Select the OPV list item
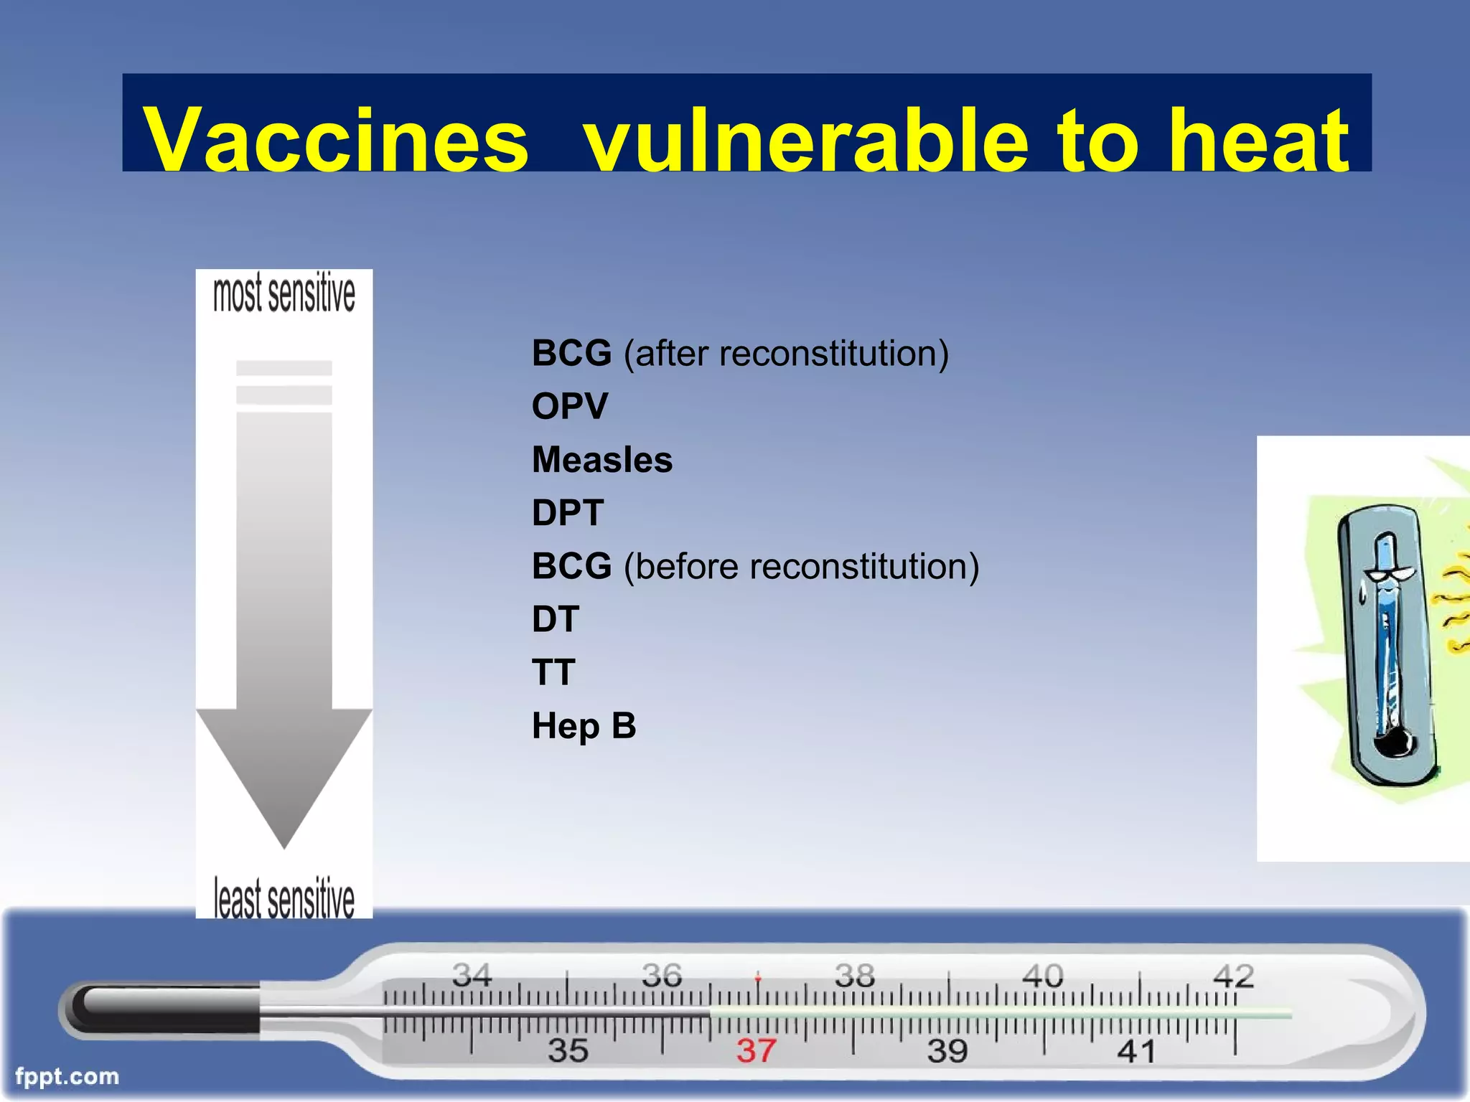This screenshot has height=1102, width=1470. (x=570, y=406)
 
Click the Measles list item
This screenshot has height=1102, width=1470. (x=602, y=459)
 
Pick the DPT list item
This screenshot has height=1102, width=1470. (x=568, y=513)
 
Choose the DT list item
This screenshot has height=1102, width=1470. (x=555, y=619)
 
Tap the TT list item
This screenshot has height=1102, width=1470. (x=553, y=672)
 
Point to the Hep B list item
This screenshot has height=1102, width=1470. (x=584, y=725)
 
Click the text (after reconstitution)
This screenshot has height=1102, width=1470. (x=786, y=353)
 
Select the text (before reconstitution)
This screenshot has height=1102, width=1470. (x=801, y=566)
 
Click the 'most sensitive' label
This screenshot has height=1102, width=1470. (x=284, y=293)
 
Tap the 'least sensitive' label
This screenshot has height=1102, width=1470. (x=284, y=898)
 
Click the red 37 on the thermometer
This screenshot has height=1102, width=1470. (x=756, y=1051)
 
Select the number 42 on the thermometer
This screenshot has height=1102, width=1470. (x=1233, y=976)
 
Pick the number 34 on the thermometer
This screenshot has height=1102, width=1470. (x=472, y=975)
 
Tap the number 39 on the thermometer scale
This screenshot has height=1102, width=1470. (x=947, y=1051)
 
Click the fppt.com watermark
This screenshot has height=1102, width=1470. (x=67, y=1076)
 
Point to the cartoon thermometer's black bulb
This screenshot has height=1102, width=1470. (x=1395, y=745)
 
